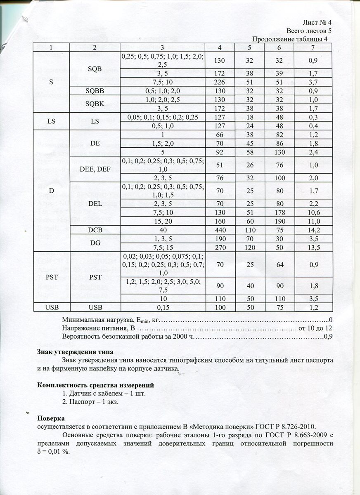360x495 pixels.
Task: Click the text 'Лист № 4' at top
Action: coord(317,22)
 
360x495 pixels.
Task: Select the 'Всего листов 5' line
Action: coord(309,31)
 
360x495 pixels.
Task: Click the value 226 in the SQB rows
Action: coord(220,82)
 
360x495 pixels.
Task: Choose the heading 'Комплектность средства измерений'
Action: coord(96,385)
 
